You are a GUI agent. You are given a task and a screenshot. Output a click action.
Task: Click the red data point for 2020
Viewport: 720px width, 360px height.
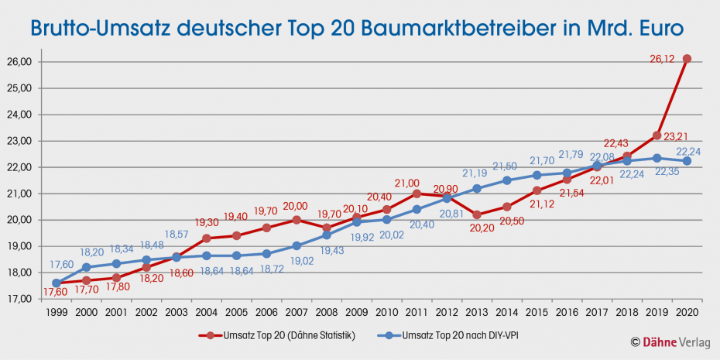[687, 59]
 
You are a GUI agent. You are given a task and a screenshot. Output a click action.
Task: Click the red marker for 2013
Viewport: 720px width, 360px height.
[477, 214]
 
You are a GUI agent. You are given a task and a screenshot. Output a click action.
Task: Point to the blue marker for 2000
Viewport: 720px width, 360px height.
[87, 267]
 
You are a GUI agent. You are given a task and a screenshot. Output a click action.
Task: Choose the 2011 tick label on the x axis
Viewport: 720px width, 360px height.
[417, 311]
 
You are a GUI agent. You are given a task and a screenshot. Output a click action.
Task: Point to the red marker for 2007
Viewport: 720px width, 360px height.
[297, 220]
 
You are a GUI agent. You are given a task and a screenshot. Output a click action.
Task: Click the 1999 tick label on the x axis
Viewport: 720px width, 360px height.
[57, 311]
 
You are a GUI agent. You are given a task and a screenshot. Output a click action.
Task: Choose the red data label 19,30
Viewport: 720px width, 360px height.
[207, 221]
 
